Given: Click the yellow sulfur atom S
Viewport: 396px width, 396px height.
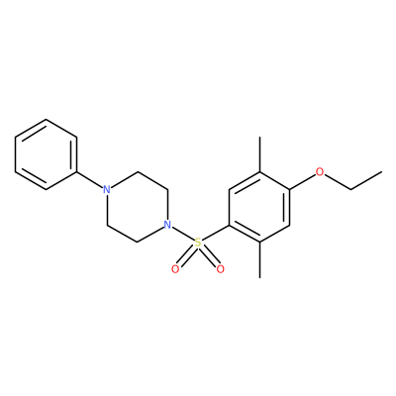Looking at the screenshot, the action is pyautogui.click(x=198, y=244).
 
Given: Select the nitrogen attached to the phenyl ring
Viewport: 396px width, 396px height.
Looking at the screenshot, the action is pyautogui.click(x=106, y=190).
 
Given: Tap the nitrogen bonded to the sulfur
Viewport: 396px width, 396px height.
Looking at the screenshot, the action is pyautogui.click(x=167, y=226).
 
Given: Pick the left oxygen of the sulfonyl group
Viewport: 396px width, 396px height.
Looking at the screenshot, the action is pyautogui.click(x=175, y=269).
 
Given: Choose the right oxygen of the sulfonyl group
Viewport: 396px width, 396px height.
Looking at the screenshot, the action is pyautogui.click(x=220, y=269).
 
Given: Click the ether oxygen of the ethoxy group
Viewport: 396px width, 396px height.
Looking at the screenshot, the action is pyautogui.click(x=320, y=172).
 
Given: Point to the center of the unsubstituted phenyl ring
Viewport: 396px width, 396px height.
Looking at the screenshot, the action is pyautogui.click(x=47, y=154).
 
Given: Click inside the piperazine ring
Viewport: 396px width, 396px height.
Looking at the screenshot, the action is pyautogui.click(x=137, y=208).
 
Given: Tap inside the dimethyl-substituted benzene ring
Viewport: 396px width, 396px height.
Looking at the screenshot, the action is pyautogui.click(x=259, y=208).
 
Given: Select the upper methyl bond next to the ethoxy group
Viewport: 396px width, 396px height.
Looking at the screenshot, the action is pyautogui.click(x=260, y=154).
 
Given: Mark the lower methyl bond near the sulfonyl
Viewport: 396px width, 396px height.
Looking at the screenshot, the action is pyautogui.click(x=260, y=260).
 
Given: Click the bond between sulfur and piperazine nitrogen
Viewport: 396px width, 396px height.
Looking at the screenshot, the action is pyautogui.click(x=183, y=235).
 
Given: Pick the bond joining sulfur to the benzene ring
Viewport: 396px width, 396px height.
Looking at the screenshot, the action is pyautogui.click(x=215, y=234).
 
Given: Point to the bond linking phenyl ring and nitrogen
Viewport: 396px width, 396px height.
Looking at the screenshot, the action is pyautogui.click(x=90, y=180).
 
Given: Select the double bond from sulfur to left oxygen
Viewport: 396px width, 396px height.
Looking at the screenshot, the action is pyautogui.click(x=186, y=256).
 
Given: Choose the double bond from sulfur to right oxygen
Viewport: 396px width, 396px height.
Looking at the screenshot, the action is pyautogui.click(x=209, y=256).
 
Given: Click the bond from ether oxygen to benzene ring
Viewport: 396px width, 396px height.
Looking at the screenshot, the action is pyautogui.click(x=303, y=181).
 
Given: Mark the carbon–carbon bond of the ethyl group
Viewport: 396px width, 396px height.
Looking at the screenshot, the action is pyautogui.click(x=366, y=180).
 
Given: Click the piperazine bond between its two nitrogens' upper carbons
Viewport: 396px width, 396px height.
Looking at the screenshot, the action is pyautogui.click(x=152, y=180).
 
